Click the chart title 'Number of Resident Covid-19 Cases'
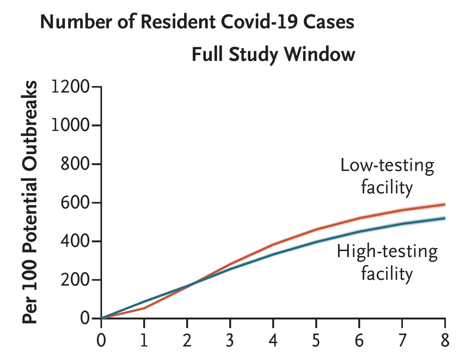[x=197, y=23]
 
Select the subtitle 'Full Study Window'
[x=273, y=54]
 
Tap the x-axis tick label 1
[x=144, y=341]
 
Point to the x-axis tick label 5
[x=316, y=341]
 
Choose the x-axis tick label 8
[x=445, y=341]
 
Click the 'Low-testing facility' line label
[x=387, y=176]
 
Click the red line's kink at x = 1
[x=144, y=308]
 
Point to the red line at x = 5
[x=316, y=229]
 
